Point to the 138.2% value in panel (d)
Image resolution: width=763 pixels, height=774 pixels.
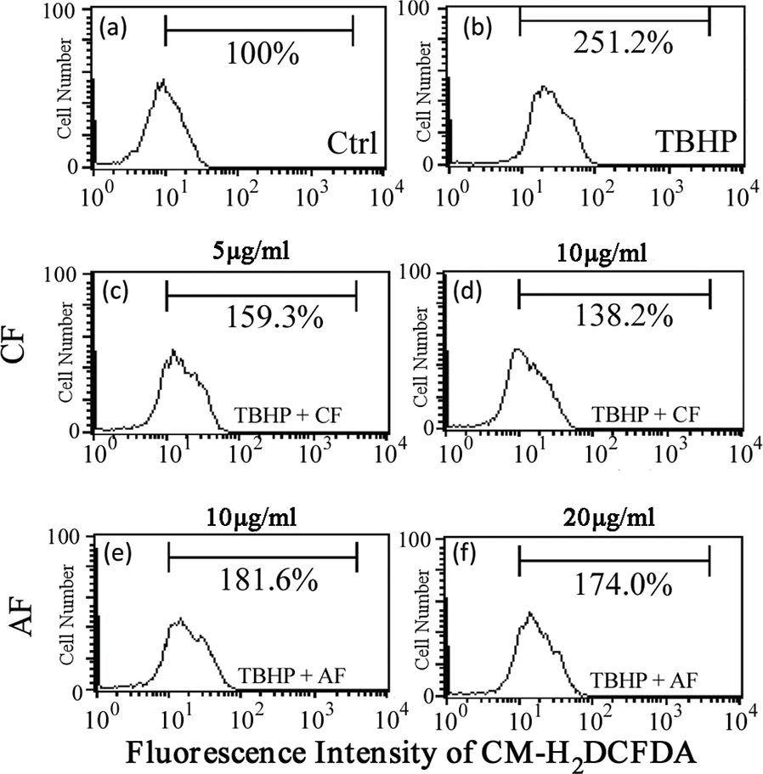(613, 318)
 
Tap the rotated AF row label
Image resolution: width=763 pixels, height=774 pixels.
(23, 613)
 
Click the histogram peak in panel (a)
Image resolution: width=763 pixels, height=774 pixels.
(161, 82)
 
